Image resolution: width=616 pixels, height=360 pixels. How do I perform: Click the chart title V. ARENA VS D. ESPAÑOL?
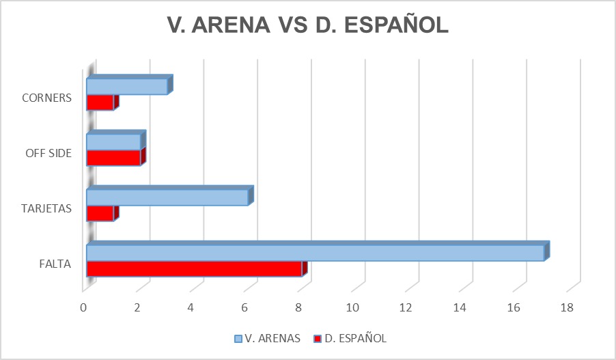[x=308, y=25]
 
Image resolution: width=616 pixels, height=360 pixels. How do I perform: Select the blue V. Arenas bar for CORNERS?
[x=127, y=86]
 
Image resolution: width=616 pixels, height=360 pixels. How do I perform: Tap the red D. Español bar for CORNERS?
[x=100, y=102]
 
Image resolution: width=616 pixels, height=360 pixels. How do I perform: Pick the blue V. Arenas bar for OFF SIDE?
[x=113, y=141]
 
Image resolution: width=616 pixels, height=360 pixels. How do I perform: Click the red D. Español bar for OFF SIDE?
[x=113, y=158]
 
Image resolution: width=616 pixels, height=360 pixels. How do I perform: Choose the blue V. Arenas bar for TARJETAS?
[x=167, y=197]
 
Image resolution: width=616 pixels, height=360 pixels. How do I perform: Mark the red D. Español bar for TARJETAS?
[x=100, y=213]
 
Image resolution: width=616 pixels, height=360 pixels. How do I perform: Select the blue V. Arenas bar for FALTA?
[x=315, y=253]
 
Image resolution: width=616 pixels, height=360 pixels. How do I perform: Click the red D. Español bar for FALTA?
[x=195, y=268]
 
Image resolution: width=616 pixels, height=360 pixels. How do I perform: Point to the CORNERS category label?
[x=46, y=98]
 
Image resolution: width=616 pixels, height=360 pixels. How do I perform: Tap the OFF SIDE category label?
[x=48, y=153]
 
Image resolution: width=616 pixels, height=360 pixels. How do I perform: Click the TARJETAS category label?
[x=46, y=209]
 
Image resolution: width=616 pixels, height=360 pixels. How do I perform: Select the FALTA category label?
[x=56, y=264]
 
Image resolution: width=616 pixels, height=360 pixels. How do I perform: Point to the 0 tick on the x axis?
[x=84, y=308]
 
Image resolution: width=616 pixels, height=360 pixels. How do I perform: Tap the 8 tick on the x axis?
[x=299, y=308]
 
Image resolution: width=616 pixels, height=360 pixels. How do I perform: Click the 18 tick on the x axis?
[x=567, y=308]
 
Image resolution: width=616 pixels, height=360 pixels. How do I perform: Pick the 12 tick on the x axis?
[x=406, y=308]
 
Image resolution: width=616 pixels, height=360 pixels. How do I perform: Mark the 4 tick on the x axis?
[x=191, y=308]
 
